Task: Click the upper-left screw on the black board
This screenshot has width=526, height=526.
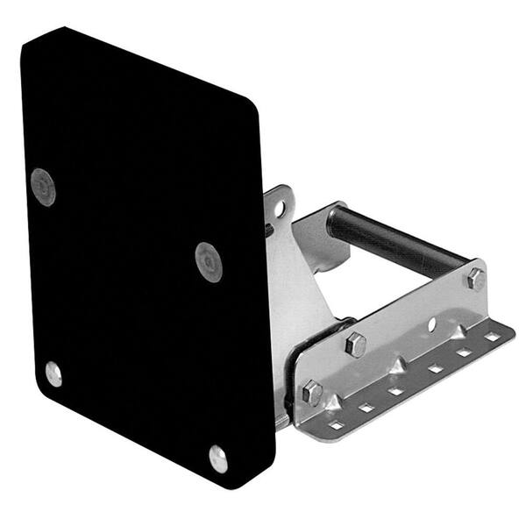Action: click(x=43, y=186)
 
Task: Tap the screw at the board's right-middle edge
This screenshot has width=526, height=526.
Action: click(x=209, y=261)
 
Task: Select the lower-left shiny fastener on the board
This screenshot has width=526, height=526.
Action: click(x=53, y=374)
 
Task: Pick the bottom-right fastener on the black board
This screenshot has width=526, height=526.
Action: click(x=218, y=458)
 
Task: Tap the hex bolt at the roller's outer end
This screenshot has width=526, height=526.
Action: click(x=476, y=279)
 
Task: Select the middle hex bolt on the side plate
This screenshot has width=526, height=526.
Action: click(x=356, y=344)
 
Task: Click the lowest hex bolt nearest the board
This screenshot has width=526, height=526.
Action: click(x=312, y=392)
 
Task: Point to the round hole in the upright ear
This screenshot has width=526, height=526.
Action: click(x=280, y=209)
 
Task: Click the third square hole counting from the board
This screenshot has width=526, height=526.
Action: click(x=395, y=388)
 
